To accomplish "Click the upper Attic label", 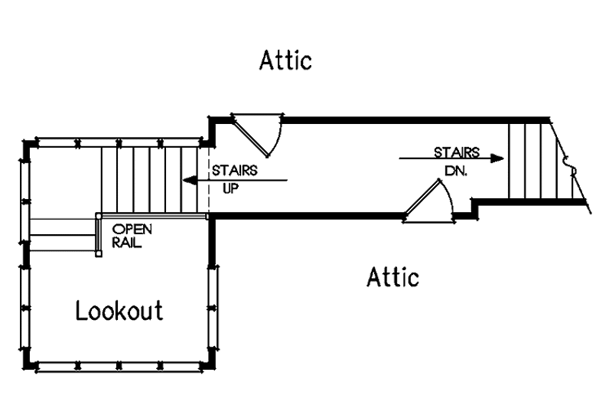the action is (x=285, y=60).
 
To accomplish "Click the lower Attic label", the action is (x=393, y=277).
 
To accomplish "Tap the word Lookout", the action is (x=119, y=311).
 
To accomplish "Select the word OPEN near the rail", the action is (x=132, y=229).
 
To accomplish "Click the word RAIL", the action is (x=126, y=242).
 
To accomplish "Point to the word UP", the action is (x=230, y=188).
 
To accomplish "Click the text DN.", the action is (x=456, y=170).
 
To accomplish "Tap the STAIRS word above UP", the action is (x=235, y=171).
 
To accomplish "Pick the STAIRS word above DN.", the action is (x=457, y=152).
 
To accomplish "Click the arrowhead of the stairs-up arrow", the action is (x=190, y=181).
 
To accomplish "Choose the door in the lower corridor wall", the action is (x=429, y=202).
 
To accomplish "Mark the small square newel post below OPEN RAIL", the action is (x=99, y=254).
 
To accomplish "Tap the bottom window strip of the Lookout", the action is (x=119, y=367).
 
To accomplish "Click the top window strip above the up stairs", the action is (x=119, y=142).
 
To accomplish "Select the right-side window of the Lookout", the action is (x=213, y=308).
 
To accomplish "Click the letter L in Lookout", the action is (x=81, y=310).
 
